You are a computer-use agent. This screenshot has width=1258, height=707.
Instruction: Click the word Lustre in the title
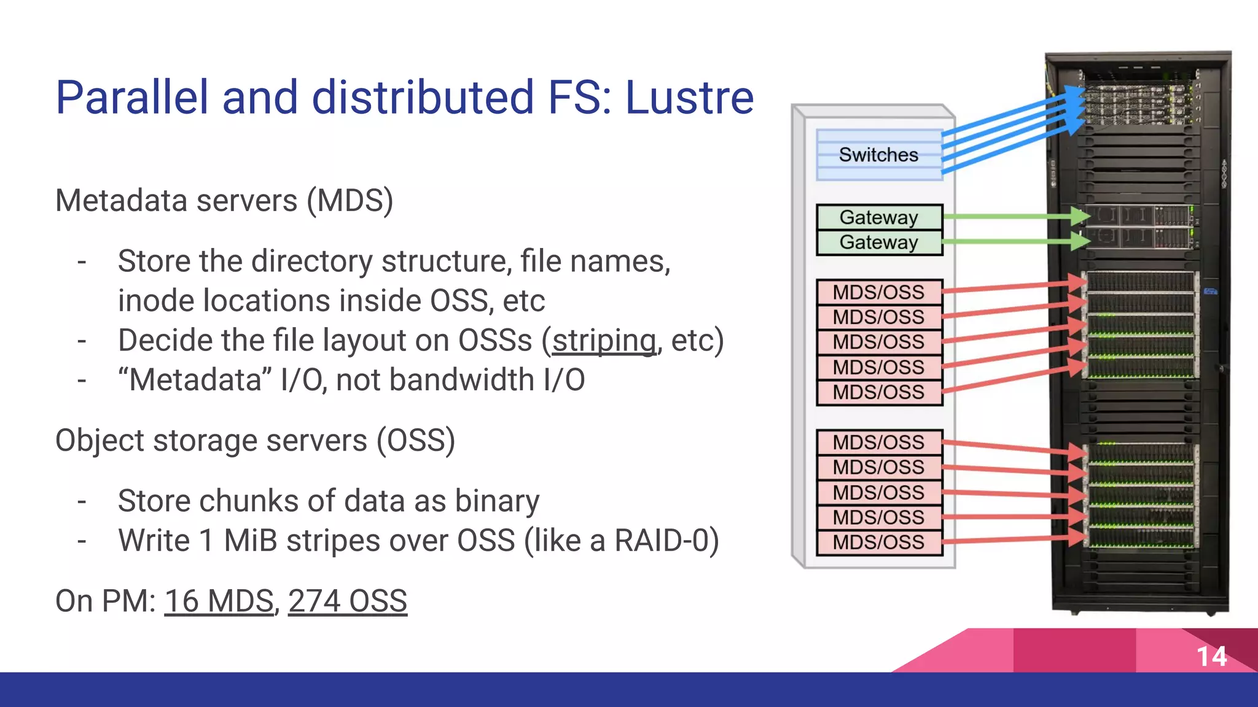(689, 98)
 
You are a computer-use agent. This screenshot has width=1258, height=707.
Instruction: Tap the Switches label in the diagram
(878, 155)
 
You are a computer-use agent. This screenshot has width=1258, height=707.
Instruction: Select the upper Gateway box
(879, 217)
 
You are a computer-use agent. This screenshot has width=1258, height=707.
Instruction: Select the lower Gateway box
(879, 242)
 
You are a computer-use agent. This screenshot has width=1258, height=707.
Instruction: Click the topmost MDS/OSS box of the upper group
(879, 292)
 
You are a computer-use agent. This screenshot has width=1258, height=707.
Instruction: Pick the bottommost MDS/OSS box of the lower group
(879, 543)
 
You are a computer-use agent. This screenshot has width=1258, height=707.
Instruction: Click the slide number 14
(1211, 657)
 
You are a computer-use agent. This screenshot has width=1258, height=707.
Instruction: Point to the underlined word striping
(604, 341)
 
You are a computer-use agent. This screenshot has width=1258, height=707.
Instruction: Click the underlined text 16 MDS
(219, 601)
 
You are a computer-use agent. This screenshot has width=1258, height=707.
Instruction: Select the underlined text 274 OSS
(348, 601)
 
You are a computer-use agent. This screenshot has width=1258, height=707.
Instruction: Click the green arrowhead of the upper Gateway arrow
(1079, 216)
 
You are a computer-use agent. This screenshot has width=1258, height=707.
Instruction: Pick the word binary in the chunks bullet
(497, 501)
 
